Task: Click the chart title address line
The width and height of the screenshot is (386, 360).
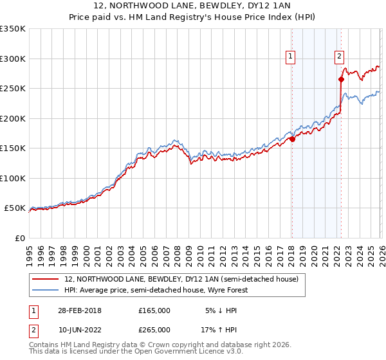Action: point(193,6)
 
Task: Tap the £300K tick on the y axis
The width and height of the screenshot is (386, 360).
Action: point(13,59)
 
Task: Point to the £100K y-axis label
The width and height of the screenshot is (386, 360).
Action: point(13,178)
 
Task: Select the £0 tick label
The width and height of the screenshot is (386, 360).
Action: point(19,238)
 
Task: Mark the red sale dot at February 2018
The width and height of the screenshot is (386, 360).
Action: point(292,139)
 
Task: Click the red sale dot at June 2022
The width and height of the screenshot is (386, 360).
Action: point(341,80)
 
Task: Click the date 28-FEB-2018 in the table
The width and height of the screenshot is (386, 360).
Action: point(80,310)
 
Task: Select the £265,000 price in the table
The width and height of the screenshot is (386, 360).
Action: point(154,329)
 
